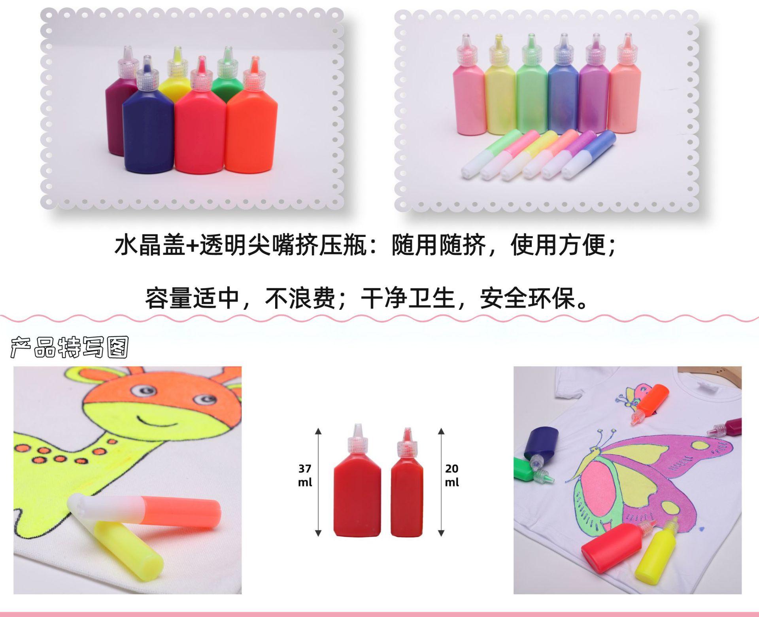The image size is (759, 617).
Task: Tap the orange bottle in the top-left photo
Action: pos(251,131)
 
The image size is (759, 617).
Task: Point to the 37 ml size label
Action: pos(305,475)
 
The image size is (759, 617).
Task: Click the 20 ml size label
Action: pos(451,475)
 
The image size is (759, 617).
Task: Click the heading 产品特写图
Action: pos(70,348)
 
